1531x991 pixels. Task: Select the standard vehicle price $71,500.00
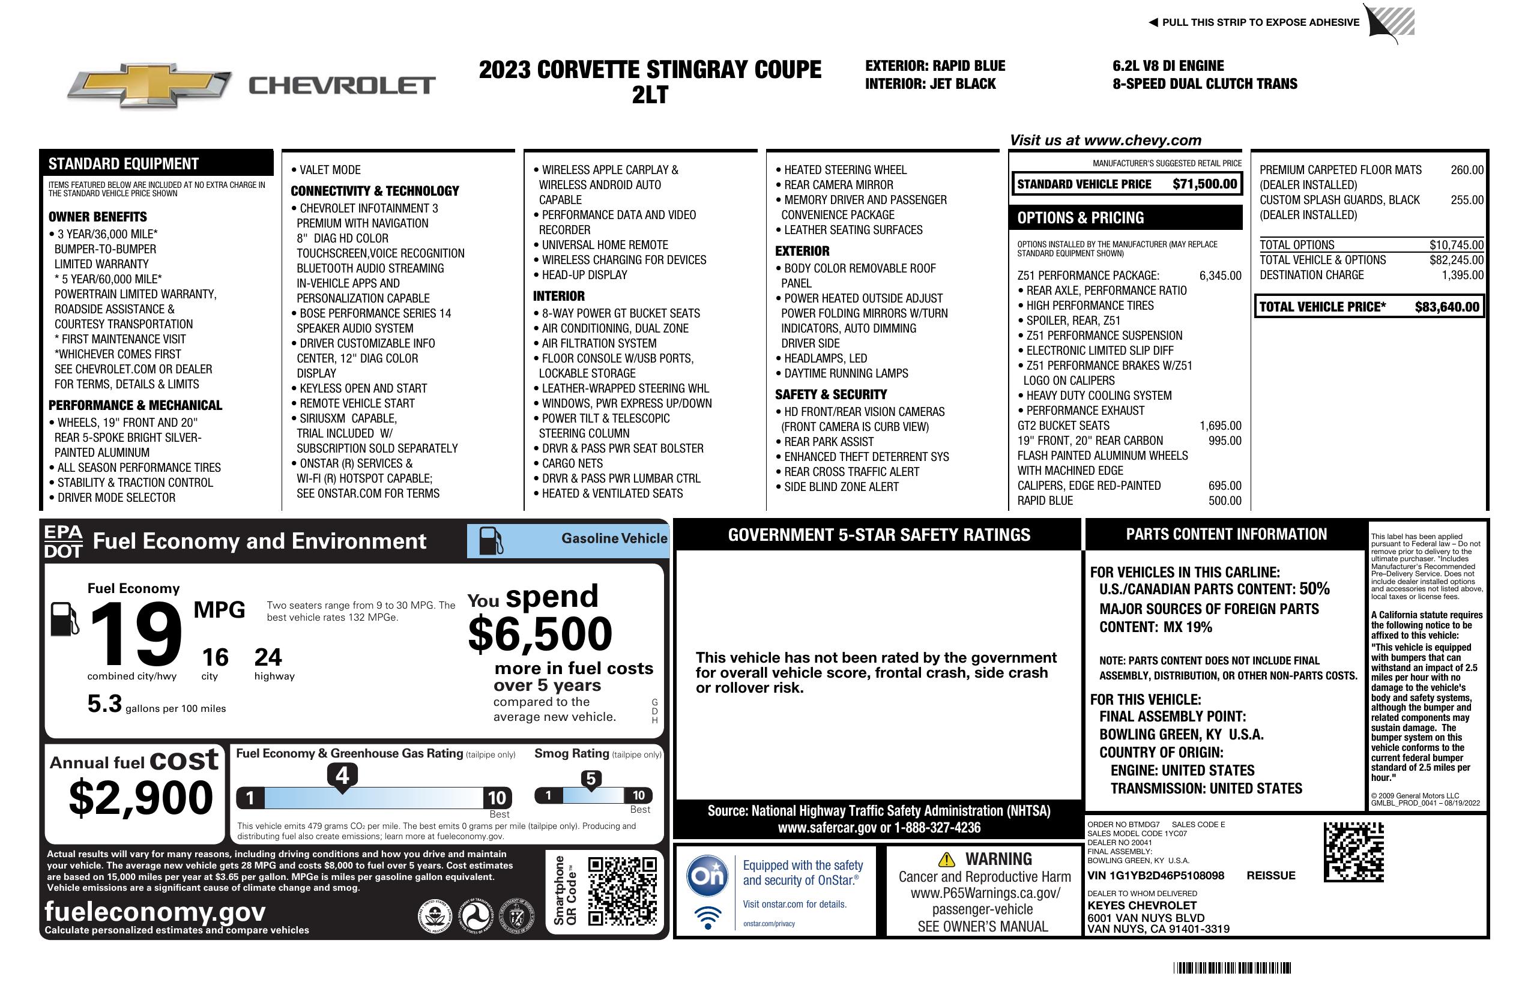point(1204,184)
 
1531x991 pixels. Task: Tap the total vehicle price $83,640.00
point(1447,307)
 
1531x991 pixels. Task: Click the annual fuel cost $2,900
point(140,798)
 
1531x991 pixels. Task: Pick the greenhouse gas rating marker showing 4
point(342,776)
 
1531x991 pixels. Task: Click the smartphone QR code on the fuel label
point(622,890)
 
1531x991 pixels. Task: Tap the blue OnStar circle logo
point(707,875)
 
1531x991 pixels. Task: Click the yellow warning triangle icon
point(946,859)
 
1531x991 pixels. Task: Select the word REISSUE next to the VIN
point(1270,875)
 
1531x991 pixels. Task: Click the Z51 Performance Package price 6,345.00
point(1219,276)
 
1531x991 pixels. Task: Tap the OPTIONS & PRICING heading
point(1080,218)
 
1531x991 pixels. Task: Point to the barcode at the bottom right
point(1232,968)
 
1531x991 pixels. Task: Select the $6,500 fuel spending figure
point(540,634)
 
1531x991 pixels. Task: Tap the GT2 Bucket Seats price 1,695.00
point(1219,426)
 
